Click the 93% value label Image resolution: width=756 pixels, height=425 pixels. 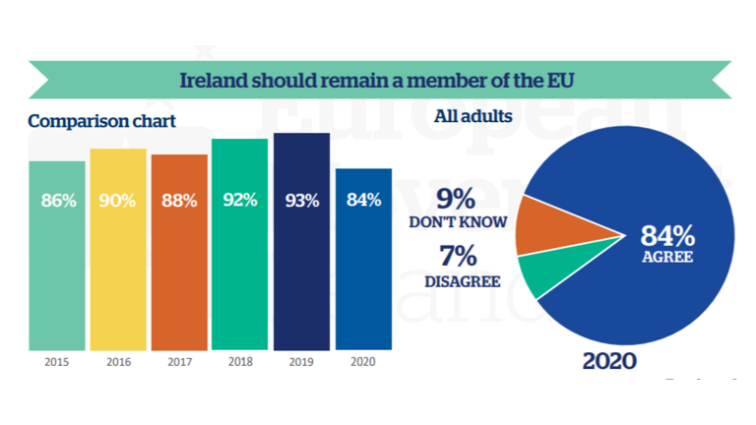coord(301,201)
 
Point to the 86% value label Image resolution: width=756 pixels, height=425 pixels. coord(58,201)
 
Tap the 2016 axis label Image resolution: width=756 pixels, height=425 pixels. coord(118,361)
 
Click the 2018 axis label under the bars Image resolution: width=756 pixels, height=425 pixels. coord(239,361)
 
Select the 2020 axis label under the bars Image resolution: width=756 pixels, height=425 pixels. coord(363,361)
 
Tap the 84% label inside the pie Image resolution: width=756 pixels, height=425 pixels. coord(667,237)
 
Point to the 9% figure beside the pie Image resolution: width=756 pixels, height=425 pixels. coord(457,198)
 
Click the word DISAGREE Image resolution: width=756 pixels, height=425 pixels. coord(462,282)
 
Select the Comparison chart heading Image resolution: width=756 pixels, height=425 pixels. coord(101,122)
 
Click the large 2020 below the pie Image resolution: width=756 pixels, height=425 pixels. coord(609,361)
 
